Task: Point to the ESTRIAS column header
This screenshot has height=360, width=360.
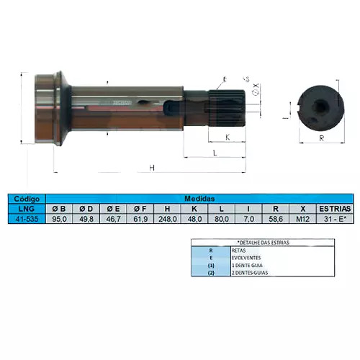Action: pos(333,208)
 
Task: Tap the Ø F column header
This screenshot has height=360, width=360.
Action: pos(140,208)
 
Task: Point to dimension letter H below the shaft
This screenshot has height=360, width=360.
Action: pos(152,167)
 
